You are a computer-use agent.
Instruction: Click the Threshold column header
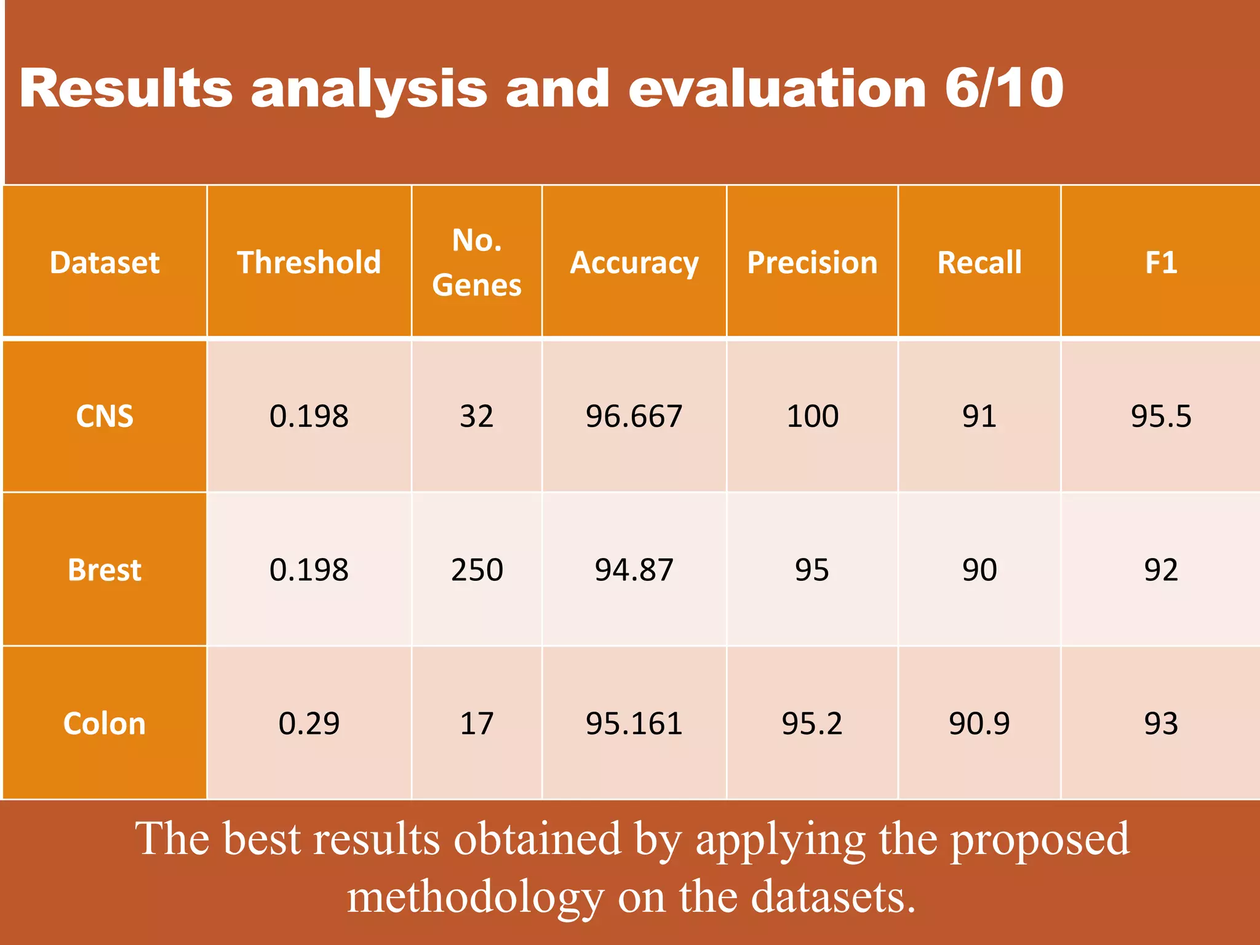(x=309, y=263)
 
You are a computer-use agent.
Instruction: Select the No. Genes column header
(x=477, y=263)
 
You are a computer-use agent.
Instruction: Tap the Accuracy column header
(x=634, y=263)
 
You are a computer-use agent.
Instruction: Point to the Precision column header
(x=812, y=263)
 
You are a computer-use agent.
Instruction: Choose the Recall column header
(x=979, y=263)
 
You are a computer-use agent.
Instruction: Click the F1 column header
(x=1161, y=263)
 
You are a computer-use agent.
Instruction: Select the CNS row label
(x=105, y=417)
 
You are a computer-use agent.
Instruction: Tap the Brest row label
(x=105, y=570)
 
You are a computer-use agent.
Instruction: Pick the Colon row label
(x=105, y=724)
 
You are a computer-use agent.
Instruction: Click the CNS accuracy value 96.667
(x=634, y=417)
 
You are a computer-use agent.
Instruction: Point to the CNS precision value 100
(x=812, y=417)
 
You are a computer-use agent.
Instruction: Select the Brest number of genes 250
(x=477, y=570)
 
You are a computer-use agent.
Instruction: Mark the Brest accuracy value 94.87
(x=634, y=570)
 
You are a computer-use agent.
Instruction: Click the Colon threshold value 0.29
(x=309, y=724)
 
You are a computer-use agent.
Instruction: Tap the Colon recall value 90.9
(x=979, y=724)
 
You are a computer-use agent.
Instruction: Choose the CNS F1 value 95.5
(x=1161, y=417)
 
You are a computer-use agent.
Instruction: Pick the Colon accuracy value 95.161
(x=634, y=724)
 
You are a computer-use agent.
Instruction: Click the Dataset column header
(x=105, y=263)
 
